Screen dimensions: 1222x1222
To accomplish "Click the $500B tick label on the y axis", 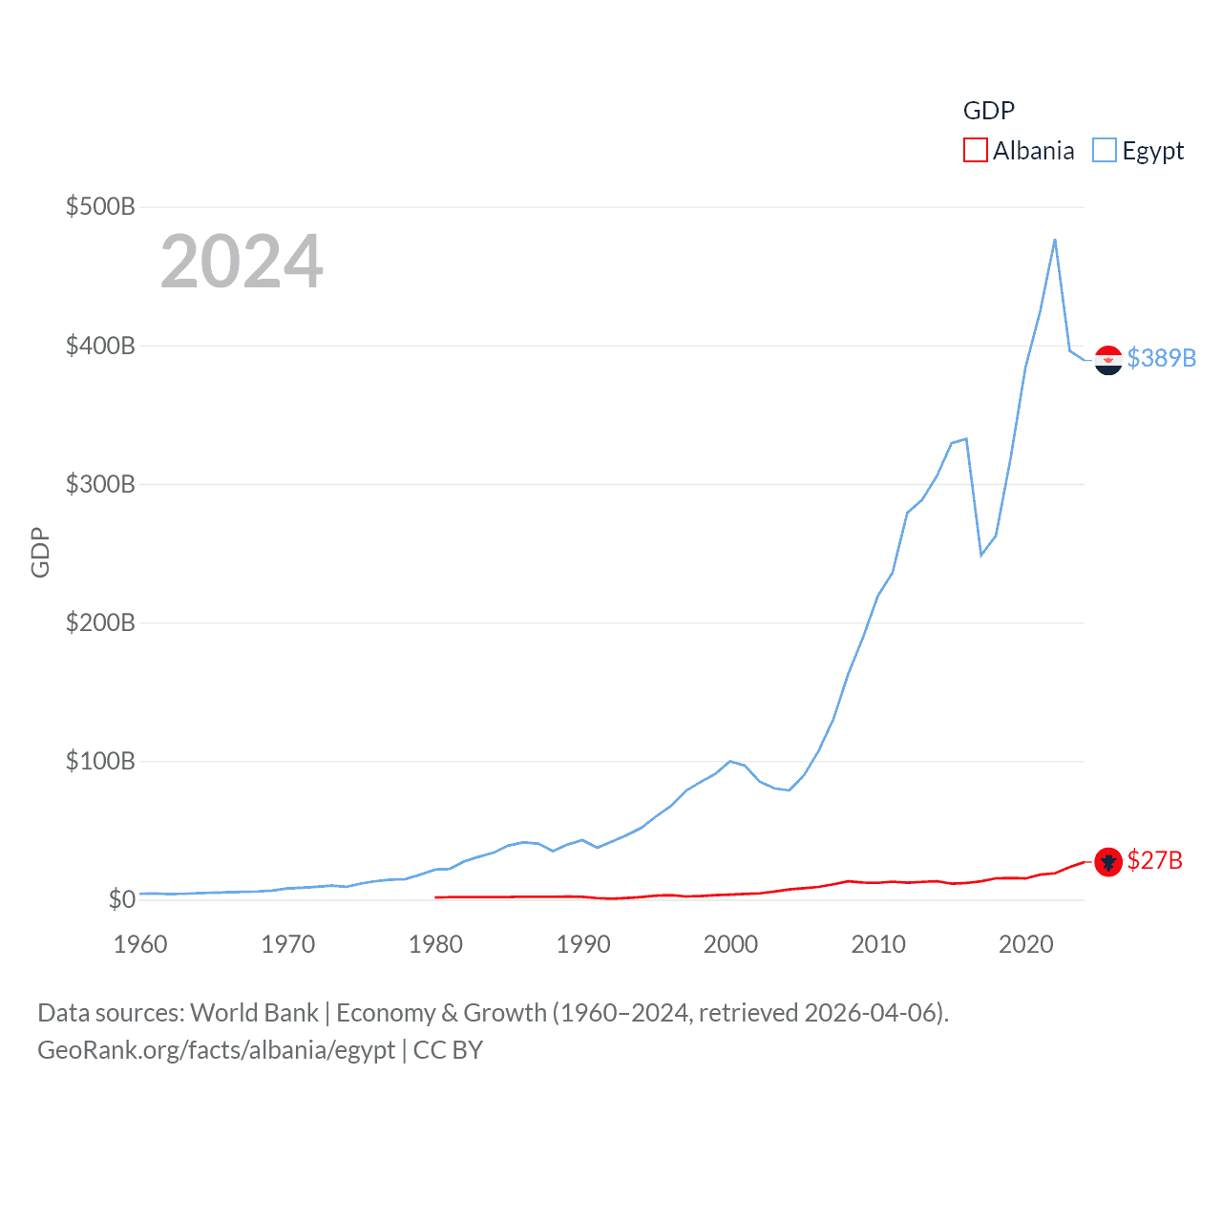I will tap(100, 206).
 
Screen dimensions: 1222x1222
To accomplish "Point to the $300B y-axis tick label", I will tap(100, 484).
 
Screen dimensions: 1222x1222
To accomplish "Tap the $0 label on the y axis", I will tap(121, 899).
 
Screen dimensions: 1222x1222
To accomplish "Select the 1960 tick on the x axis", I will tap(140, 944).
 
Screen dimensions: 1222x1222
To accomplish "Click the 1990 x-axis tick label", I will tap(582, 944).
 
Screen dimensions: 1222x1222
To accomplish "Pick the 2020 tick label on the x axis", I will tap(1025, 944).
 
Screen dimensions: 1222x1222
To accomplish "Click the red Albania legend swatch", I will tap(976, 151).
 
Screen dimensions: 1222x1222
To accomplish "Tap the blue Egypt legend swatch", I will tap(1105, 151).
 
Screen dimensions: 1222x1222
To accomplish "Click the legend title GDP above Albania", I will tap(988, 111).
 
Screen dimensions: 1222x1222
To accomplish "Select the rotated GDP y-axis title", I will tap(40, 552).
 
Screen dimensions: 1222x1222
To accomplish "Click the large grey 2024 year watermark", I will tap(242, 262).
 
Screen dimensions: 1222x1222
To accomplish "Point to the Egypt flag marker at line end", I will tap(1108, 360).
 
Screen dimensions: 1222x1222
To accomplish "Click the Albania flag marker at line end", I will tap(1108, 862).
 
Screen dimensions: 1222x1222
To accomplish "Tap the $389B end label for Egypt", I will tap(1161, 358).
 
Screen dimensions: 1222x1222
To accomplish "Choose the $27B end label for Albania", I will tap(1154, 861).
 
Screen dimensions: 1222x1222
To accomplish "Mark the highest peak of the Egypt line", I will tap(1055, 240).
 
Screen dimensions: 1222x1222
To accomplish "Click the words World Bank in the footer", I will tap(254, 1013).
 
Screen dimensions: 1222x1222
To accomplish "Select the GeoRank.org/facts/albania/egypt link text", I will tap(216, 1050).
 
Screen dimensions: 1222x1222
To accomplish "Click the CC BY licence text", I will tap(448, 1050).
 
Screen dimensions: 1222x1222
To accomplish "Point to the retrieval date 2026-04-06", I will tap(873, 1013).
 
